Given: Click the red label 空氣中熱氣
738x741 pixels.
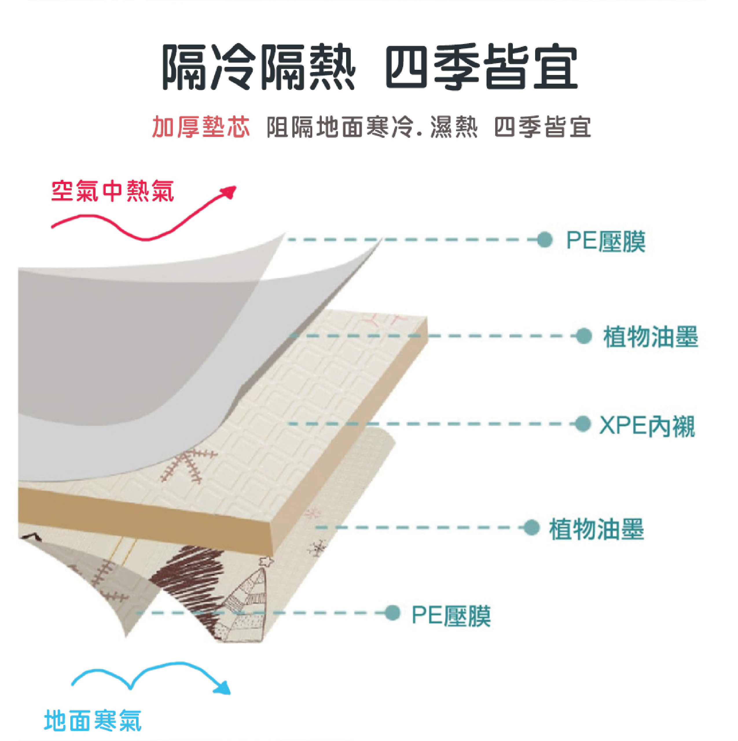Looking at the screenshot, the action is (x=112, y=191).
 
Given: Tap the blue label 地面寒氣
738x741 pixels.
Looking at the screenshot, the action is (x=93, y=720).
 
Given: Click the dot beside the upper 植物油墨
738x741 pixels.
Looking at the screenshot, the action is (x=584, y=336).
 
